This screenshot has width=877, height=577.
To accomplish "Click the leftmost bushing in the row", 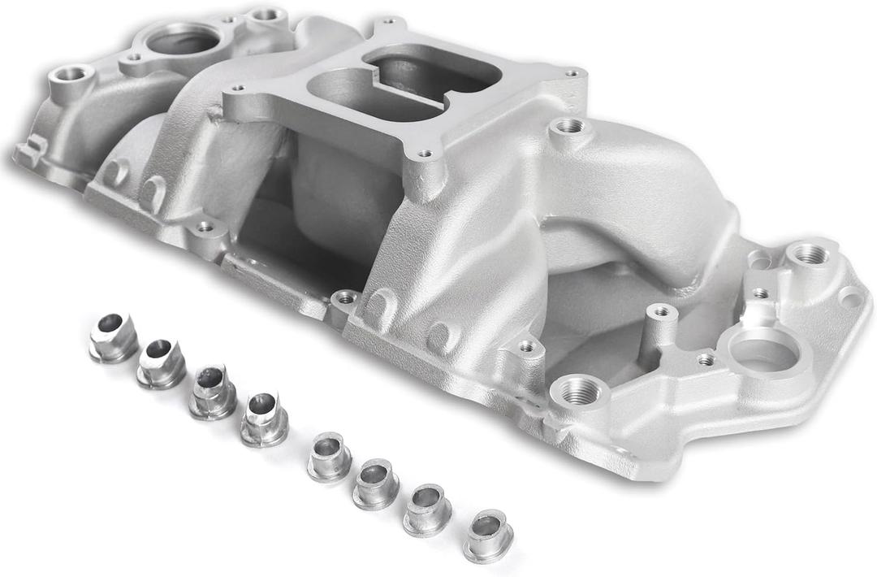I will point(113,337).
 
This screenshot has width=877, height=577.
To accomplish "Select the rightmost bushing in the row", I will point(488,535).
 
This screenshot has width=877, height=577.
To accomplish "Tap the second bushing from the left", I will point(161,362).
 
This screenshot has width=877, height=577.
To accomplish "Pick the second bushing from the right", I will point(428,510).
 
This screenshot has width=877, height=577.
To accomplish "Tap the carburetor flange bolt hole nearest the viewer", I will point(424,153).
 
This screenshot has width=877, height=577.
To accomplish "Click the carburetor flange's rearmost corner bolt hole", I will point(387,21).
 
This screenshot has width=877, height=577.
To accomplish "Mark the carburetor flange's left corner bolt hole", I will point(237,89).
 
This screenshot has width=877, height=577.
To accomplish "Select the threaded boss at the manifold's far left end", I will point(71,74).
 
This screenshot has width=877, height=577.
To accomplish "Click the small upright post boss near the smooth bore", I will point(661,311).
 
